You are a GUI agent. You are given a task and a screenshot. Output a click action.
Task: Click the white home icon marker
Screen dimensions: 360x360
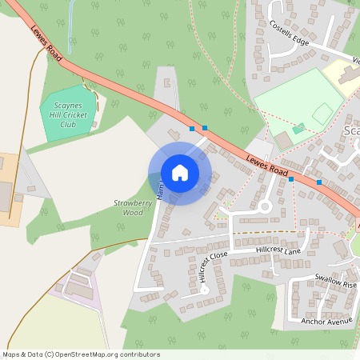click(180, 173)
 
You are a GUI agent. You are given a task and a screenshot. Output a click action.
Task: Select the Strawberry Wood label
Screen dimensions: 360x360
click(128, 208)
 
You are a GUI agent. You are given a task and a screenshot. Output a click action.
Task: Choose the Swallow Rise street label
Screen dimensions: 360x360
click(335, 284)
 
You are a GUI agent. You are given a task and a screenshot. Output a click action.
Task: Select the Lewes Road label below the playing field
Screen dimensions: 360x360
click(266, 164)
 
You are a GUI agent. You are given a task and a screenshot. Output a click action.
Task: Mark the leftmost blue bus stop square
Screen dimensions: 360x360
click(192, 128)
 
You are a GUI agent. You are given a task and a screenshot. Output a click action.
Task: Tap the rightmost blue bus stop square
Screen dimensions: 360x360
click(319, 182)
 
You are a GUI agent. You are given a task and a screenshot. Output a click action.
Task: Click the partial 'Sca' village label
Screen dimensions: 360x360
click(351, 131)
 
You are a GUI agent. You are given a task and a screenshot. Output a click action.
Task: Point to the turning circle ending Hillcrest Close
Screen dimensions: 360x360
click(204, 290)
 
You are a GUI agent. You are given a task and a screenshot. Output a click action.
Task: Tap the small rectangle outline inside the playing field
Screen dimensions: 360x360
click(322, 114)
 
